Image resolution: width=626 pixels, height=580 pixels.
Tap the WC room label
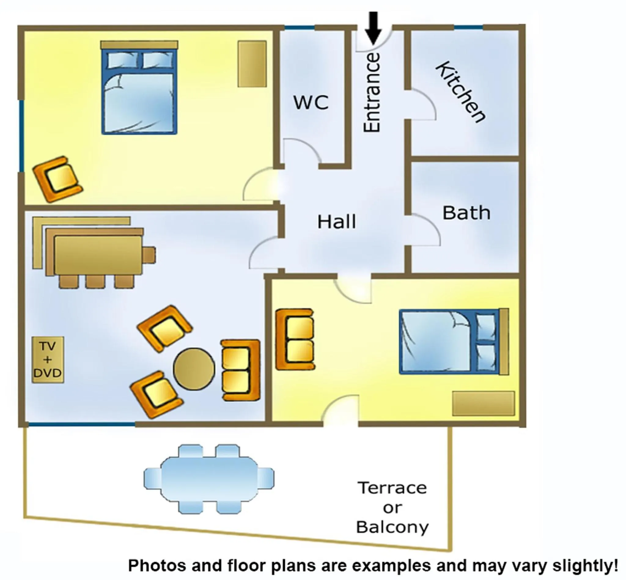click(x=311, y=102)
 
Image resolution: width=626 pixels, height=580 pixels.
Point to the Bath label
click(x=466, y=213)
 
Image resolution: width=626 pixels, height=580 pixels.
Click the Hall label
click(x=337, y=222)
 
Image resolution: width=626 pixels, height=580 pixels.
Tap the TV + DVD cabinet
click(x=48, y=360)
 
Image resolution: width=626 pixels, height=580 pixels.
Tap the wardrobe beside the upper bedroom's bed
click(x=252, y=64)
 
